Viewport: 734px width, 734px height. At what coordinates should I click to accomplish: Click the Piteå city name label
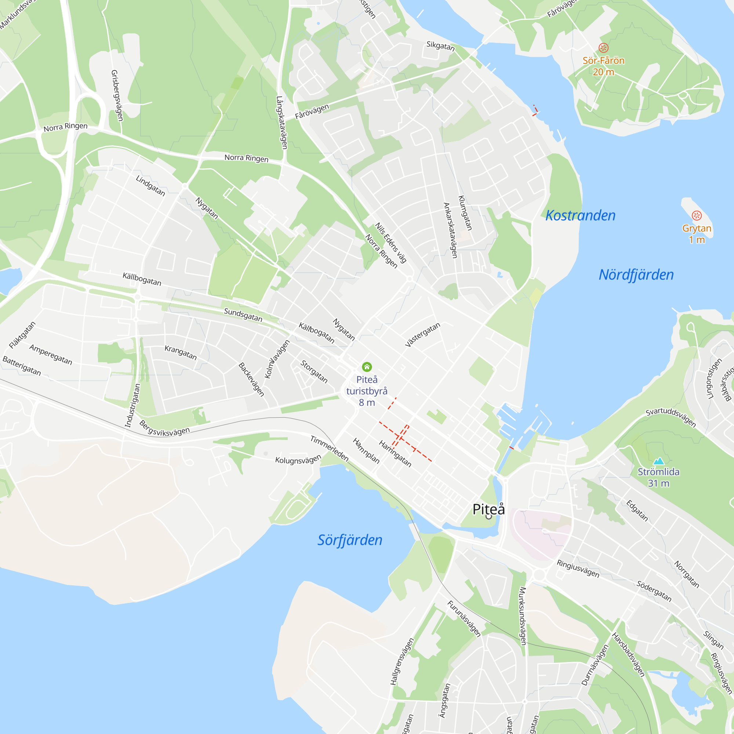[488, 509]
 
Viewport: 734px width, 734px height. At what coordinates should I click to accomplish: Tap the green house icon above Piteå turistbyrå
[367, 367]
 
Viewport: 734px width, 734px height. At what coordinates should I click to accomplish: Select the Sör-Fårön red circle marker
[603, 48]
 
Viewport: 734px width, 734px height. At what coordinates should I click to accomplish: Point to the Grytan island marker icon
[697, 216]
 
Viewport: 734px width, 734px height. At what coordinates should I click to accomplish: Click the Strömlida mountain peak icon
[658, 461]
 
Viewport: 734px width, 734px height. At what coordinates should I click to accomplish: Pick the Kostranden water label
[580, 215]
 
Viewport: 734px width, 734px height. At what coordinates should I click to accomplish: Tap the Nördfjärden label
[636, 275]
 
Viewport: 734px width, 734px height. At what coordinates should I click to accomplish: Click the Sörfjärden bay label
[350, 540]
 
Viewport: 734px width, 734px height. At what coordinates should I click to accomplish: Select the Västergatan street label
[422, 335]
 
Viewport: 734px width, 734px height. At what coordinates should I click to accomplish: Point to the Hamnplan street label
[366, 451]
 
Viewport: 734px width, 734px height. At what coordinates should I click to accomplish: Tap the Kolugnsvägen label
[298, 460]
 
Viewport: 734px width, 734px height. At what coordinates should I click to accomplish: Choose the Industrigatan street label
[132, 406]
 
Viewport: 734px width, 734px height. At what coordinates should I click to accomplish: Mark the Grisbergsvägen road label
[117, 95]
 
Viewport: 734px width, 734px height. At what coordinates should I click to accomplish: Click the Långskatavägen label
[281, 122]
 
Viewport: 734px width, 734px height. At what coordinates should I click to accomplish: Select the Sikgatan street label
[440, 46]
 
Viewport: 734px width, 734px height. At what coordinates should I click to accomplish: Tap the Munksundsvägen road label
[523, 616]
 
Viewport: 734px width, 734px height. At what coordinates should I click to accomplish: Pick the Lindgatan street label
[150, 186]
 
